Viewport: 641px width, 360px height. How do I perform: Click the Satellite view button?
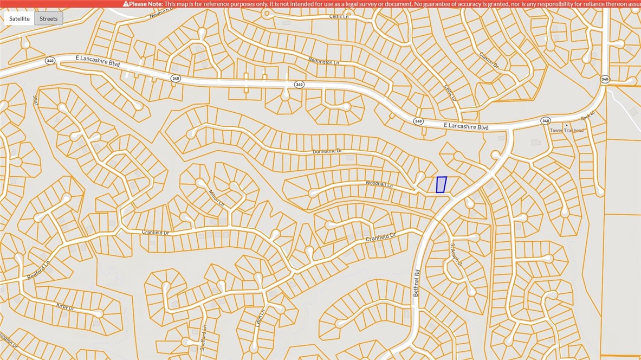[x=20, y=18]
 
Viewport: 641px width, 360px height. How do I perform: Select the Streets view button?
[x=48, y=18]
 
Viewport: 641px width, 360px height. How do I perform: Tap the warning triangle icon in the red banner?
[x=126, y=4]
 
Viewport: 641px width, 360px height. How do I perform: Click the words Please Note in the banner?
[x=145, y=4]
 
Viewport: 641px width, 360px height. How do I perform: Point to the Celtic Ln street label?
[x=339, y=17]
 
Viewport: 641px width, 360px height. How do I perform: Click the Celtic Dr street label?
[x=450, y=92]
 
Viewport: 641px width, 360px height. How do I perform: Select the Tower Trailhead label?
[x=567, y=131]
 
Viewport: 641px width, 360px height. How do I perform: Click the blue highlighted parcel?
[x=441, y=184]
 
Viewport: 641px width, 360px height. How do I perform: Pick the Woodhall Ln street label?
[x=379, y=184]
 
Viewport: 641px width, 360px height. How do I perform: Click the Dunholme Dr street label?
[x=327, y=151]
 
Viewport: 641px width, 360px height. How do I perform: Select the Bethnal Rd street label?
[x=416, y=283]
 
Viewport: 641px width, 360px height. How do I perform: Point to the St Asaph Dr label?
[x=456, y=255]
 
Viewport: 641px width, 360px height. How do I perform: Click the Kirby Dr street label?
[x=64, y=307]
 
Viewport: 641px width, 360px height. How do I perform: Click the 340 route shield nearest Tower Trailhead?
[x=545, y=120]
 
